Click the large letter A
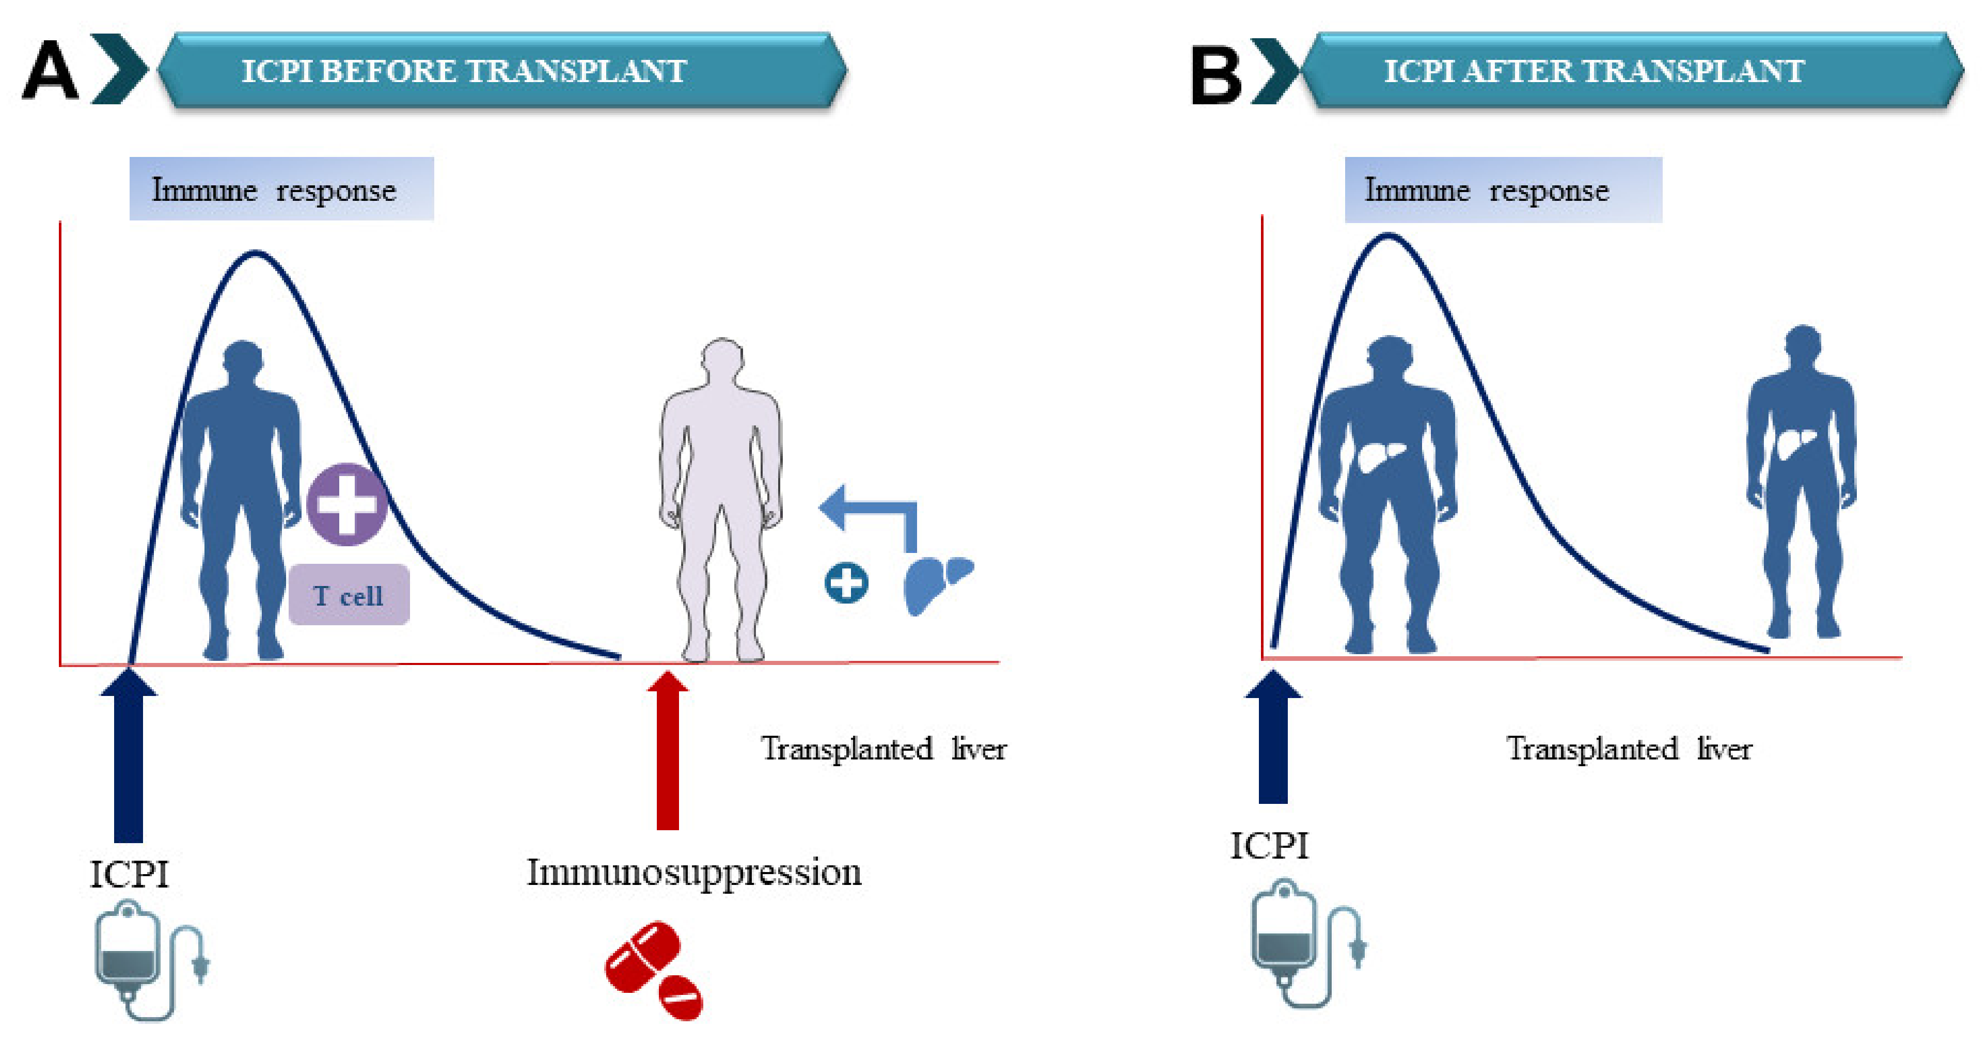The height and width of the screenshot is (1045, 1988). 50,71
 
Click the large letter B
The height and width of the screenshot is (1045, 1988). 1216,75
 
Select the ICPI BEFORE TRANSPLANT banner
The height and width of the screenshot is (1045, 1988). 501,70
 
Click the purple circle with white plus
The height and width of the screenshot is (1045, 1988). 346,504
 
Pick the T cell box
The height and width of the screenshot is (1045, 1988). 349,595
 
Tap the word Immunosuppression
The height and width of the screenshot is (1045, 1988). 694,872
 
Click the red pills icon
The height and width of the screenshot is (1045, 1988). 654,970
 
